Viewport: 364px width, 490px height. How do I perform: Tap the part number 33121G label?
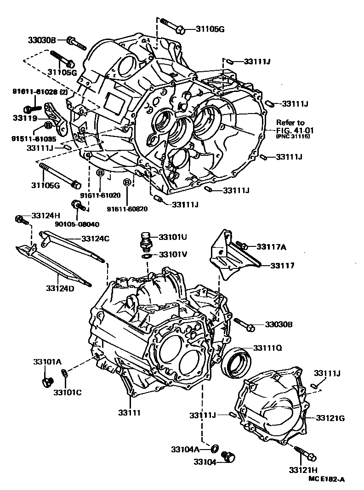coord(330,418)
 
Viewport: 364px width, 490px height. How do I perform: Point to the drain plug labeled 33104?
coord(227,456)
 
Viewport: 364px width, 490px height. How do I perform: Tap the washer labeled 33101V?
coord(146,255)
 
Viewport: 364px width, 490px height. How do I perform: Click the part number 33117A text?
coord(271,247)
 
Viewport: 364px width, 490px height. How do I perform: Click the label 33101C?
coord(67,392)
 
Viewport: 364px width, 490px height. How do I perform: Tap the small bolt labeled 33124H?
coord(20,219)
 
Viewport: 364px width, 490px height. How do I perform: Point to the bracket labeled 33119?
coord(53,117)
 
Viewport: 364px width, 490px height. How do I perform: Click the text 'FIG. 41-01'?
coord(294,130)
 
